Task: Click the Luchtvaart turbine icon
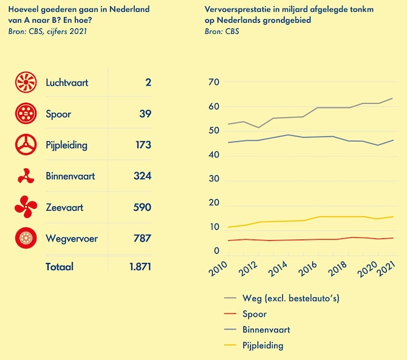(x=26, y=82)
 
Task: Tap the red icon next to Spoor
(x=26, y=114)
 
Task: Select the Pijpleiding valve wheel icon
(x=26, y=145)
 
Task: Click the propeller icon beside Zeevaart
(x=26, y=208)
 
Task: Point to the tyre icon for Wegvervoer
(x=26, y=238)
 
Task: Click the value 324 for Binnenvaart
(x=142, y=176)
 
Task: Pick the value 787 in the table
(x=142, y=238)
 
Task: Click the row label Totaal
(x=60, y=267)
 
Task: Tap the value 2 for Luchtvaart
(x=148, y=82)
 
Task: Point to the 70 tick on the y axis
(x=214, y=82)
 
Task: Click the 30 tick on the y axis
(x=214, y=179)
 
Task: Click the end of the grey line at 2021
(x=393, y=98)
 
